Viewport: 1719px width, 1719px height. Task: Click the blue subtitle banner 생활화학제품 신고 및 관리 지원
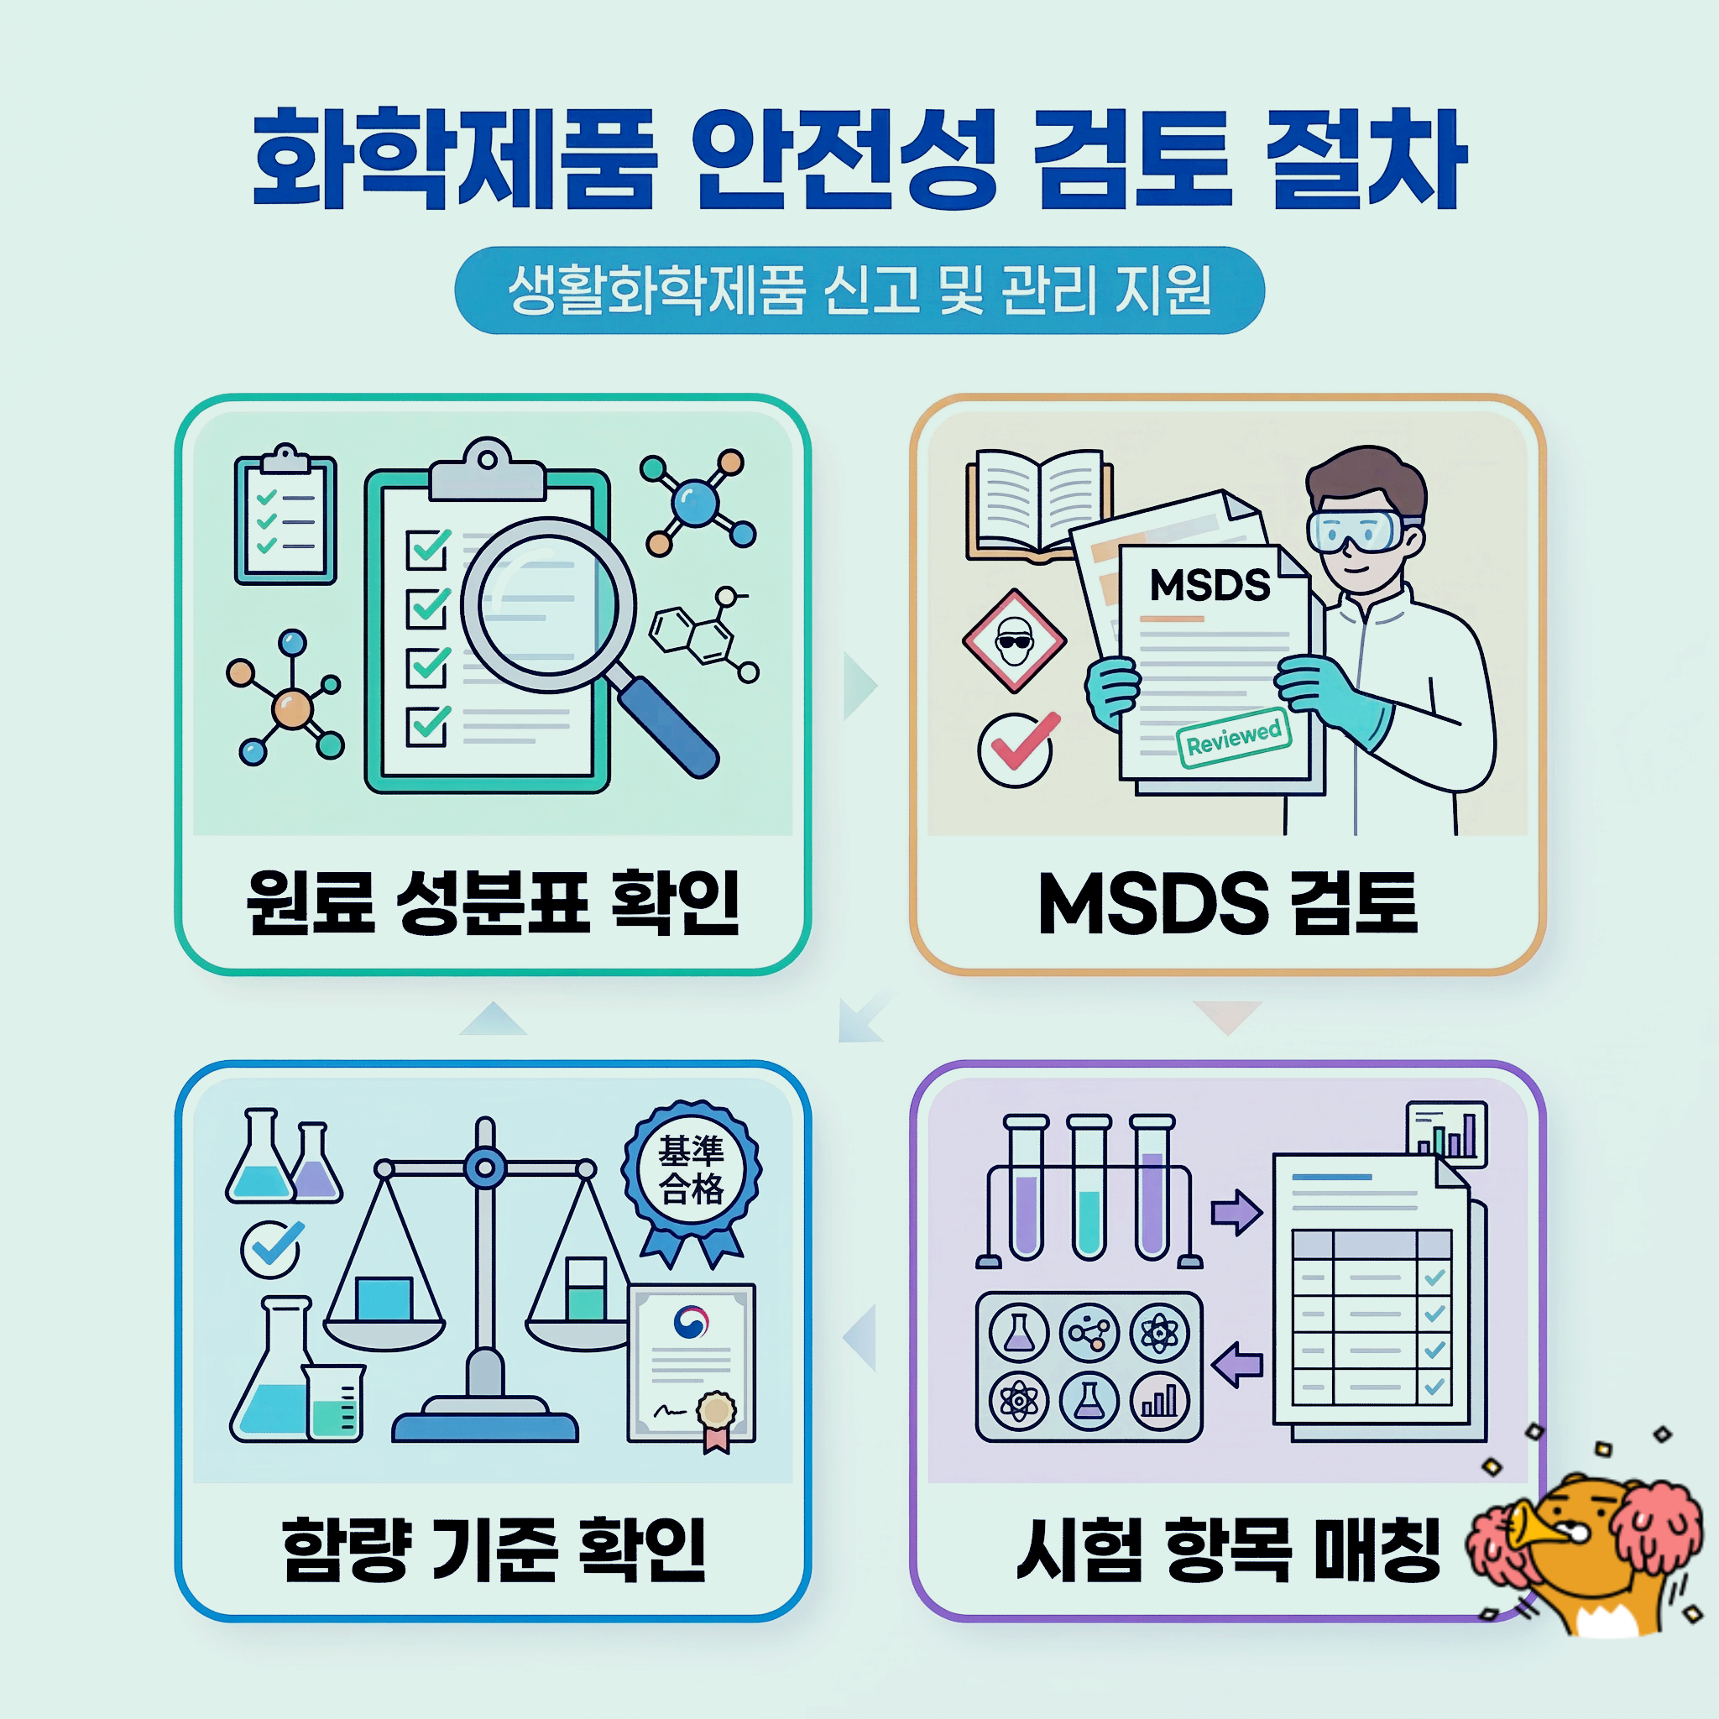pos(859,290)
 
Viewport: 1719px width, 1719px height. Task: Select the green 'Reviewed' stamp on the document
pos(1233,737)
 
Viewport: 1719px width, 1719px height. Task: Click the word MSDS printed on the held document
pos(1210,586)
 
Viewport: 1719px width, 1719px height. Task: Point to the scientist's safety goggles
pos(1357,531)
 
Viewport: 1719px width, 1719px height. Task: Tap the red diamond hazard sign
pos(1013,640)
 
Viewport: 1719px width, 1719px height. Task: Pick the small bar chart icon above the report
pos(1446,1131)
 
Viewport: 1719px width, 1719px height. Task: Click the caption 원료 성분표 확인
pos(493,902)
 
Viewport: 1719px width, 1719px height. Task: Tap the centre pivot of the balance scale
pos(485,1168)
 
